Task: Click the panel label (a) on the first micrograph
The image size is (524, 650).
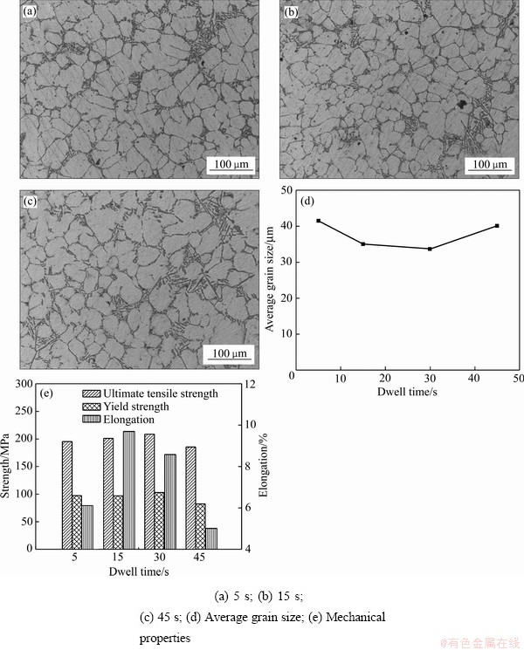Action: pos(30,12)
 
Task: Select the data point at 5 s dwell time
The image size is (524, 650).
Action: pos(319,221)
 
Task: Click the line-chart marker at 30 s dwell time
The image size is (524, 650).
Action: pos(430,249)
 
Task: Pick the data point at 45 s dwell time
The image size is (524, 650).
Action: pos(496,226)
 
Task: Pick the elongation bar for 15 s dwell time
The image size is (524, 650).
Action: pos(129,489)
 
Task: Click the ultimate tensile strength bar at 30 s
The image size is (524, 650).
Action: pos(150,491)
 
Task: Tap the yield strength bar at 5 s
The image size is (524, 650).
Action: pos(77,522)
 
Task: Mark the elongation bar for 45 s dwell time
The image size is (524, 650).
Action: pos(211,538)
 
